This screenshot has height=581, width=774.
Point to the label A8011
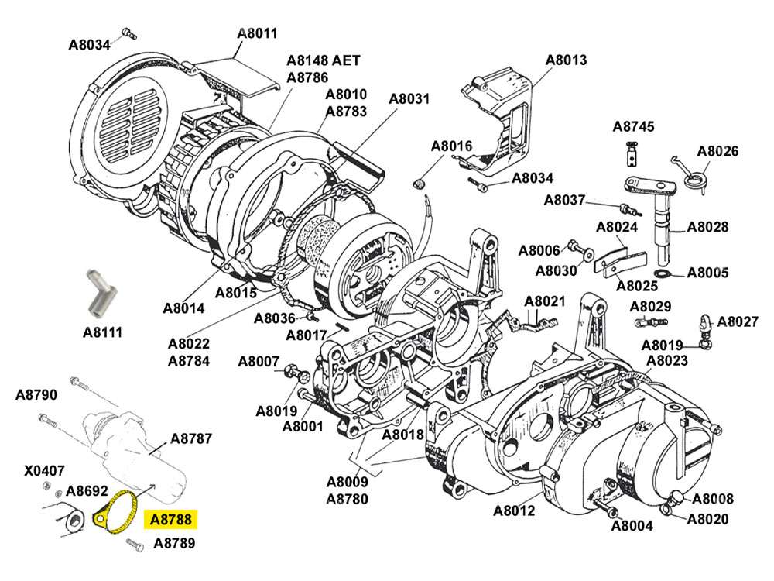[257, 33]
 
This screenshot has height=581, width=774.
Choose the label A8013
[566, 59]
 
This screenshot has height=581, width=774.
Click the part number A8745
[633, 126]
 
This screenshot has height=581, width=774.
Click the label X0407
[45, 470]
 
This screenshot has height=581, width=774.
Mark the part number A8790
[36, 395]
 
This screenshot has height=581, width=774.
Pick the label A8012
[514, 511]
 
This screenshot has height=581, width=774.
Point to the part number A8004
[632, 527]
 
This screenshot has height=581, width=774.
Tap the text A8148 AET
[323, 60]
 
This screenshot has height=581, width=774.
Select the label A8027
[738, 321]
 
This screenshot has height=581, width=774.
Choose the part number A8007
[259, 361]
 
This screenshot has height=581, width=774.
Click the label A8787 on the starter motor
[190, 438]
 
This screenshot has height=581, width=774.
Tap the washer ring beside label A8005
[663, 274]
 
